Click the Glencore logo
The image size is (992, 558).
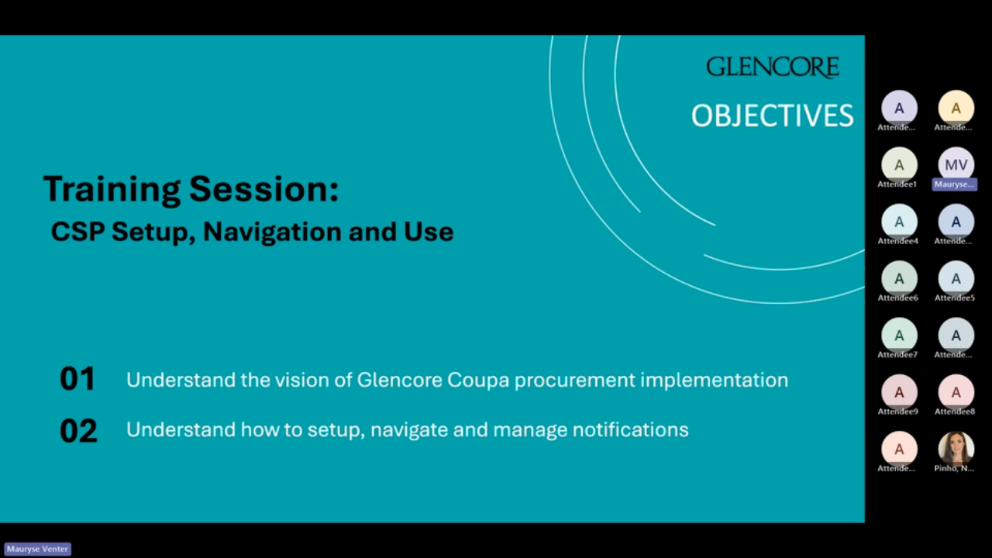click(772, 67)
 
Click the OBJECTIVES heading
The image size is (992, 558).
click(772, 116)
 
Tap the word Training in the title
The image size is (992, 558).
click(112, 189)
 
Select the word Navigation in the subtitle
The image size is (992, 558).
click(272, 232)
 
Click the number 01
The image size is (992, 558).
click(77, 379)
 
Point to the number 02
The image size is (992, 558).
click(78, 431)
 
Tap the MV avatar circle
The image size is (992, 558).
click(956, 164)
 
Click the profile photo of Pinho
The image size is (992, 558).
click(956, 448)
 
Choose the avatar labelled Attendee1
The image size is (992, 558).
click(899, 164)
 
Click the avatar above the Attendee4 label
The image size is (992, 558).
click(899, 222)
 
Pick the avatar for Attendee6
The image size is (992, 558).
click(899, 278)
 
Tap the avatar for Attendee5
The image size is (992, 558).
click(956, 278)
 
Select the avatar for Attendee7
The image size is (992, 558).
click(899, 335)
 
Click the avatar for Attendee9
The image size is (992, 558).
click(899, 391)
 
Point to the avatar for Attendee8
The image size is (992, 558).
click(956, 391)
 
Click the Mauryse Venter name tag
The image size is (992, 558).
click(37, 549)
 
